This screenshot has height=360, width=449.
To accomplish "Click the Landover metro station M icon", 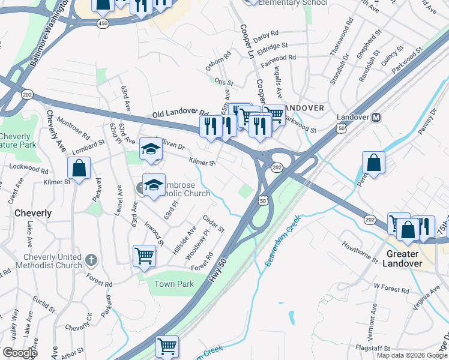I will (378, 117).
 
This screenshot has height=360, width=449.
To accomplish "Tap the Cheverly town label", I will (33, 213).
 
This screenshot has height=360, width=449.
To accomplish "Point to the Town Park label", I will (174, 284).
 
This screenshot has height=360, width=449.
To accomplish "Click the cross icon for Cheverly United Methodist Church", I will (91, 260).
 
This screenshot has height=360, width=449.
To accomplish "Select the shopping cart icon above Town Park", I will (145, 256).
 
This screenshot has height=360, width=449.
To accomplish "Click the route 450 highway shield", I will (103, 23).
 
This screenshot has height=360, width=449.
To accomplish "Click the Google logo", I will (20, 353).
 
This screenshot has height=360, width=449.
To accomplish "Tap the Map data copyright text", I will (411, 355).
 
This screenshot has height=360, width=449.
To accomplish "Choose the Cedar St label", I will (213, 224).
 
